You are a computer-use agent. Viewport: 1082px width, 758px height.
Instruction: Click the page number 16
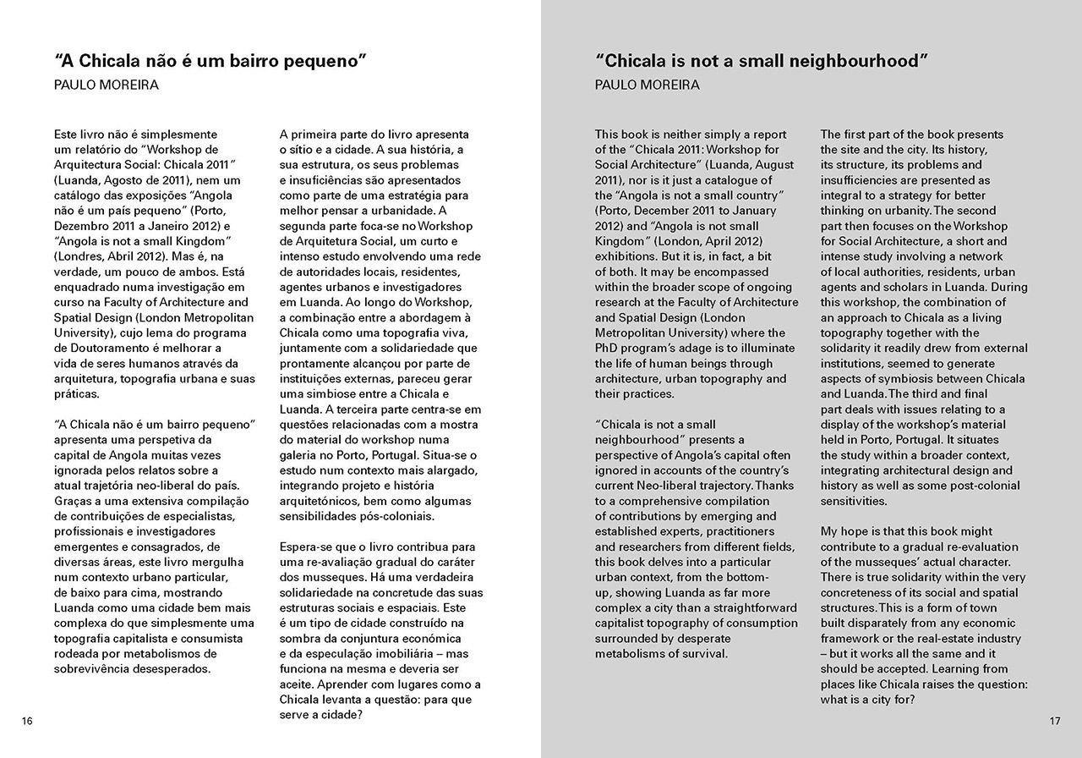pyautogui.click(x=27, y=721)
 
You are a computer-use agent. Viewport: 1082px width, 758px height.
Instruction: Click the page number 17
pyautogui.click(x=1054, y=721)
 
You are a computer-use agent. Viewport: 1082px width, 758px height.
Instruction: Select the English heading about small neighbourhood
pyautogui.click(x=762, y=61)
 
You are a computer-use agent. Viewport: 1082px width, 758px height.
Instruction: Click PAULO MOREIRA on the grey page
pyautogui.click(x=647, y=85)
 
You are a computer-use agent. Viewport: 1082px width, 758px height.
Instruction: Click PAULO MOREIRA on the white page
pyautogui.click(x=106, y=85)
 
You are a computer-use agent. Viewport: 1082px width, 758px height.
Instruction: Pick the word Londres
pyautogui.click(x=81, y=256)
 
